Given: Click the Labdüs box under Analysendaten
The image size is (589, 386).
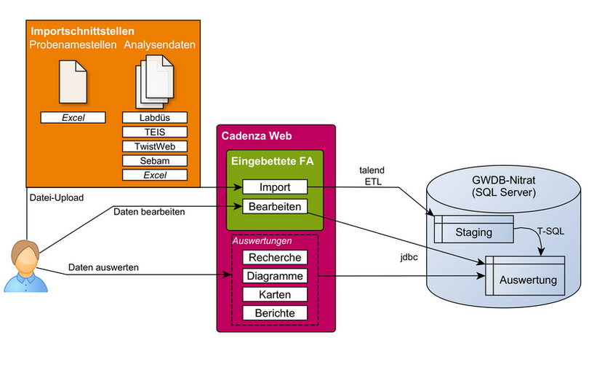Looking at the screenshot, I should (155, 117).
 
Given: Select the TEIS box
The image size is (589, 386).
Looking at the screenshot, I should (155, 132).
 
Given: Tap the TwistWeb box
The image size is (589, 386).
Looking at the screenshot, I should (155, 146).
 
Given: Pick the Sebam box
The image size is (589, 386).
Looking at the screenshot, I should (155, 161).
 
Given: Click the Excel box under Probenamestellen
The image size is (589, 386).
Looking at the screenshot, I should (73, 117).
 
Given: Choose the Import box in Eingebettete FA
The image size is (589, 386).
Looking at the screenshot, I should (276, 187).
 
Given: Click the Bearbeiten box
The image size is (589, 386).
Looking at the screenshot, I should (276, 206).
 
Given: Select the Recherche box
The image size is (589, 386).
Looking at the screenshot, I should (276, 257).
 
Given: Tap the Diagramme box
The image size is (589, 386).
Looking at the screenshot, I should (276, 276).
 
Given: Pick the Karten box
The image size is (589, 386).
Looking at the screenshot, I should (276, 294).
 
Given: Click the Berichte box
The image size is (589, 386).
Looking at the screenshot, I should (276, 313).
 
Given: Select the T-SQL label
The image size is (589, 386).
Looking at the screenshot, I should (550, 229).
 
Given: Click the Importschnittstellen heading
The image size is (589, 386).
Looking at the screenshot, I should (81, 31).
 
